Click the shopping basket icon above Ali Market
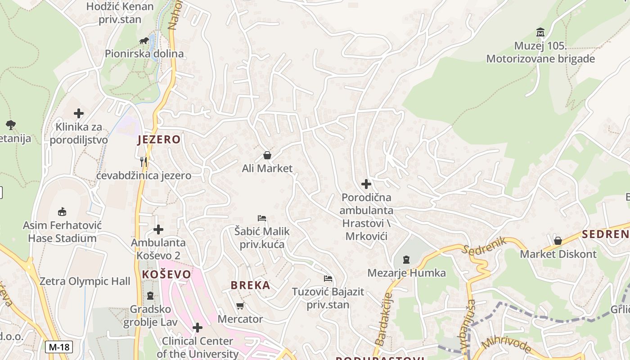tap(267, 155)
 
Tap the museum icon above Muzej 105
tap(540, 32)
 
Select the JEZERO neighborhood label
tap(159, 139)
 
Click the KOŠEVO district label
tap(166, 274)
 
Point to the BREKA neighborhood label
tap(251, 285)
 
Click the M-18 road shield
tap(59, 346)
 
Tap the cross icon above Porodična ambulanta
tap(366, 184)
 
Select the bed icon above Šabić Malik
tap(262, 218)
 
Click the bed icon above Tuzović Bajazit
tap(328, 279)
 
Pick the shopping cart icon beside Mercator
tap(240, 306)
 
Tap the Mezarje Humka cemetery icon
tap(406, 259)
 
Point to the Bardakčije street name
tap(383, 319)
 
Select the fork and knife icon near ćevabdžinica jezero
tap(144, 162)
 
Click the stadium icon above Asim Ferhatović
tap(62, 211)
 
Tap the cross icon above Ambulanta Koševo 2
tap(158, 229)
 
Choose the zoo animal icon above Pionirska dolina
tap(144, 41)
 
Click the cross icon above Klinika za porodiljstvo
tap(79, 113)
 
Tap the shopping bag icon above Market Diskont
tap(558, 241)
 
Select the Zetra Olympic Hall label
tap(85, 281)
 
